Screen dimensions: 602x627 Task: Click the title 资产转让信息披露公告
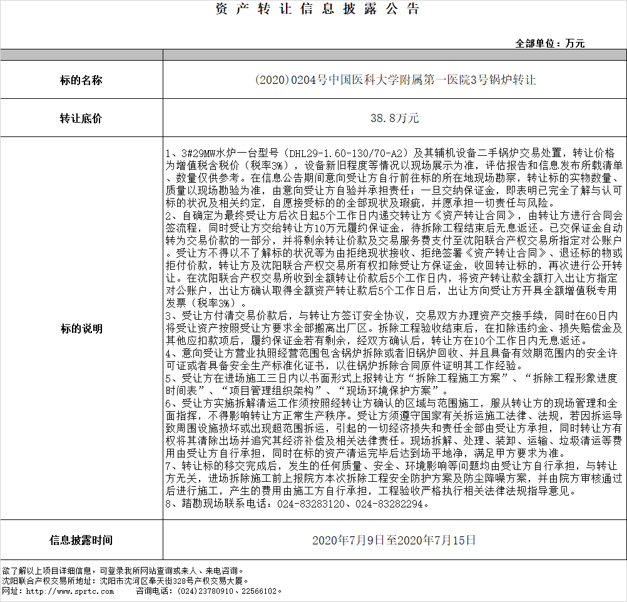317,9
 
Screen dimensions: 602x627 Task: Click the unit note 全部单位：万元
549,43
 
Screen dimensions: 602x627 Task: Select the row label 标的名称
81,80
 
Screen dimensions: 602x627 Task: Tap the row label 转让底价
81,118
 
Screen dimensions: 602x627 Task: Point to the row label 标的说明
81,329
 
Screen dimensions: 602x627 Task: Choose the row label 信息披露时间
81,540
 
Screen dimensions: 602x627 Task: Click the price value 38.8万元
394,118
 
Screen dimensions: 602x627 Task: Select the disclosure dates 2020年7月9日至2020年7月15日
394,540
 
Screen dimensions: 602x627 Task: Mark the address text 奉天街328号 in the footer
168,581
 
